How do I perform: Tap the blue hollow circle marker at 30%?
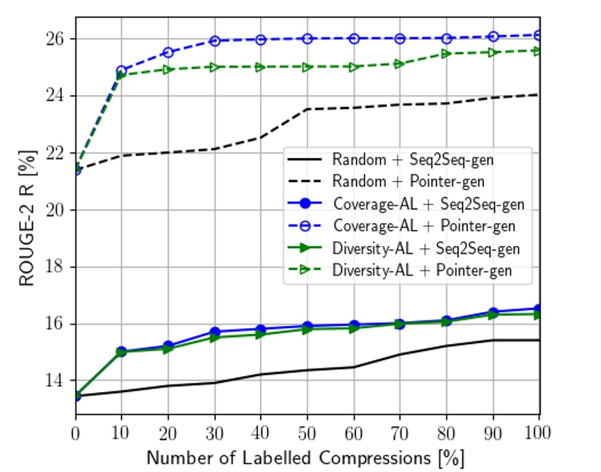point(215,41)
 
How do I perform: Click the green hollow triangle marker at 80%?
point(447,54)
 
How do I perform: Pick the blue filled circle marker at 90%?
point(493,312)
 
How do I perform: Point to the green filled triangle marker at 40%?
point(261,334)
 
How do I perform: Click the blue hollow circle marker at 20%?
point(168,53)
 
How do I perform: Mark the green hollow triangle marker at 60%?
point(354,67)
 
